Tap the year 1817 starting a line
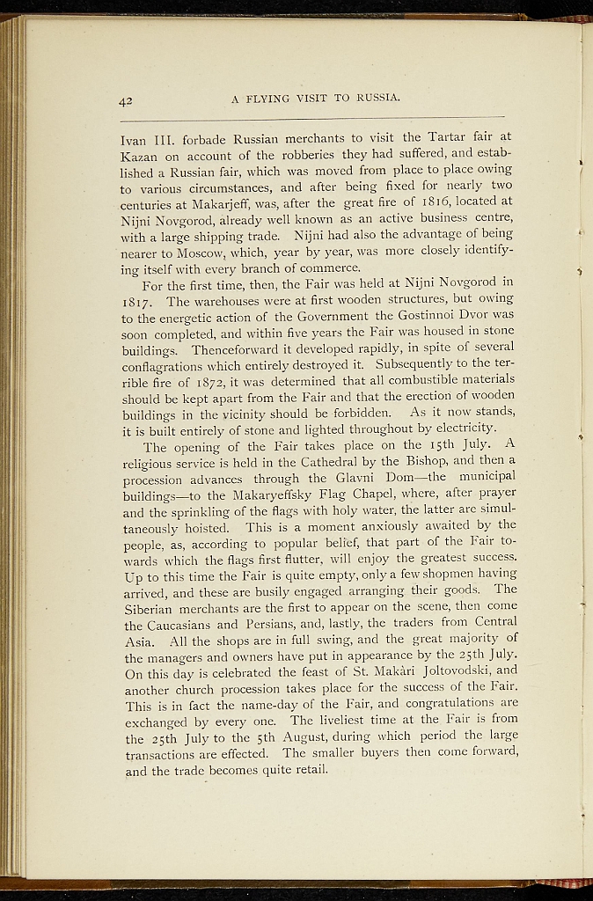click(137, 299)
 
